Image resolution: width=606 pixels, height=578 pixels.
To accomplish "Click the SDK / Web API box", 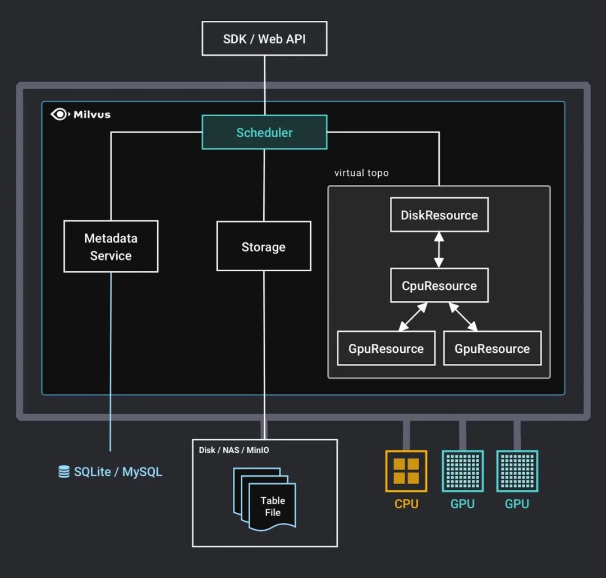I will [x=264, y=39].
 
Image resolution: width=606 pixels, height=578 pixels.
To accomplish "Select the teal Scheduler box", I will [x=264, y=133].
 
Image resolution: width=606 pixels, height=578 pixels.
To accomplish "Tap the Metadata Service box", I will [x=111, y=247].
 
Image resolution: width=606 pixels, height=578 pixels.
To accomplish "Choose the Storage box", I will [x=264, y=247].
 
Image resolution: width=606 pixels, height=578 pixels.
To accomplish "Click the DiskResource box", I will [x=439, y=215].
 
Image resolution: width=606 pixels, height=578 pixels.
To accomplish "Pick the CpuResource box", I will [x=439, y=285].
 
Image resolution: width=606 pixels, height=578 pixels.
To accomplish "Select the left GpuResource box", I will [x=386, y=348].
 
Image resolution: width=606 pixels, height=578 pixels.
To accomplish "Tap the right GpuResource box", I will [x=492, y=348].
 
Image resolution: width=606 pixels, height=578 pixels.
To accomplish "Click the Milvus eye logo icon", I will [x=59, y=115].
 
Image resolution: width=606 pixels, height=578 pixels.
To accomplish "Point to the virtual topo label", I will [x=361, y=173].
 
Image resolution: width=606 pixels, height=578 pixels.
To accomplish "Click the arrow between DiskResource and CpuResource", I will [x=439, y=250].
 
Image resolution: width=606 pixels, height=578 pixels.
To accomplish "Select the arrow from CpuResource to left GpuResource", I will [x=413, y=317].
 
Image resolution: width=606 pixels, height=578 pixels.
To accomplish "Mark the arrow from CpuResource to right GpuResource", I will [x=463, y=317].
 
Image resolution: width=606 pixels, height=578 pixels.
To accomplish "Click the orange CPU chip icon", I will [x=406, y=471].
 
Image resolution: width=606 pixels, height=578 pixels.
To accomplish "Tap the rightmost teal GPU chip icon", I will [x=517, y=471].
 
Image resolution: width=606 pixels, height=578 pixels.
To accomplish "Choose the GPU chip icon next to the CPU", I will [x=462, y=471].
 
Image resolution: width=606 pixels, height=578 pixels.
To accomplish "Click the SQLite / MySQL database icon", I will [x=64, y=472].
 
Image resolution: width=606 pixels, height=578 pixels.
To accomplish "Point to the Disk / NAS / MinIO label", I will [x=234, y=450].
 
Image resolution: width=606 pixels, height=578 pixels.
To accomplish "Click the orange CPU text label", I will [x=406, y=504].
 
